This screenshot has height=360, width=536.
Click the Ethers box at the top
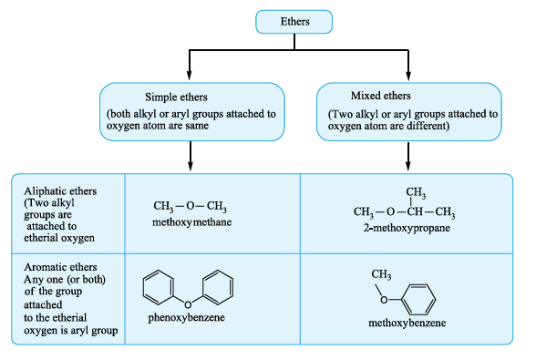point(294,22)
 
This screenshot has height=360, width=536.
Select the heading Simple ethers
point(176,97)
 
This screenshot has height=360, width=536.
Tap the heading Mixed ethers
point(380,96)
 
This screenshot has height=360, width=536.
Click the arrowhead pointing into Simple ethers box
point(190,76)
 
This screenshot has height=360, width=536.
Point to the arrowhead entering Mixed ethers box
point(408,76)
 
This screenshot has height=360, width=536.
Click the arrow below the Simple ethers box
point(191,156)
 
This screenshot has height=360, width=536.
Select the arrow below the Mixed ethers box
point(408,156)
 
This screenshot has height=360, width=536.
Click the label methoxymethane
point(191,222)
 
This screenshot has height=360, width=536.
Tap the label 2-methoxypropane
point(407,228)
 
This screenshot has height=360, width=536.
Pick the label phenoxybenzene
point(186,317)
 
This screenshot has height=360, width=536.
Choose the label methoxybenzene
point(407,323)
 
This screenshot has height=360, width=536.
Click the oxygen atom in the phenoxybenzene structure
point(188,304)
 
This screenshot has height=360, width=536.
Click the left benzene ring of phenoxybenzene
point(159,287)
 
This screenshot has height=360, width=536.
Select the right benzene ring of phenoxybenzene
point(218,287)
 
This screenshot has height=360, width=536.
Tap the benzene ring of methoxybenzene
point(418,300)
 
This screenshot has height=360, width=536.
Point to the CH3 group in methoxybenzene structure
point(381,274)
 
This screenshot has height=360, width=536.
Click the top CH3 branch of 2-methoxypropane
point(416,192)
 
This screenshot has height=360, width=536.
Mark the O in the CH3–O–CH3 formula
point(190,206)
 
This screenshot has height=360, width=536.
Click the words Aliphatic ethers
point(60,191)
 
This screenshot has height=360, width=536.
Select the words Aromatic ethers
point(60,267)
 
